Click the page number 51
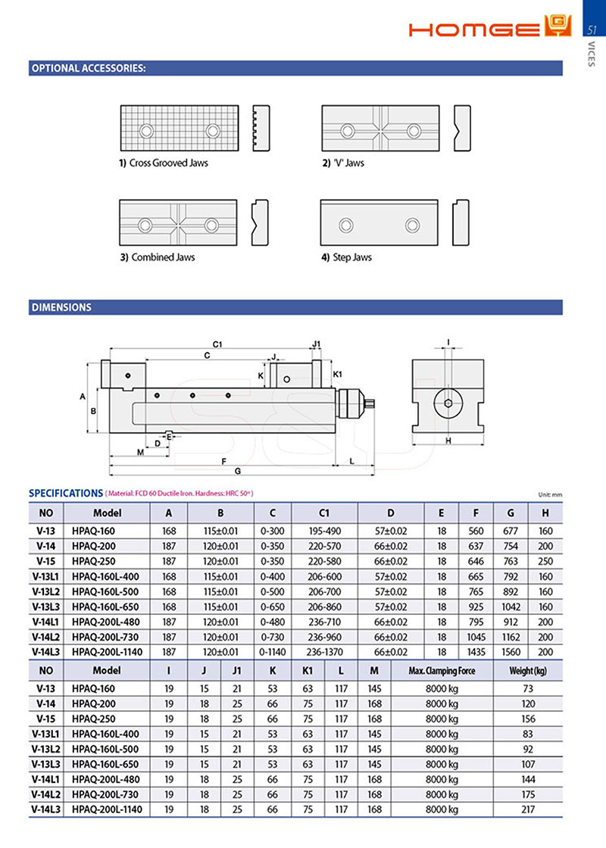pyautogui.click(x=593, y=30)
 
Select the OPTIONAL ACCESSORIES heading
pyautogui.click(x=88, y=68)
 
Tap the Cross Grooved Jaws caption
pyautogui.click(x=164, y=163)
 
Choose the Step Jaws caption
pyautogui.click(x=346, y=257)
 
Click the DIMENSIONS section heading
pyautogui.click(x=61, y=307)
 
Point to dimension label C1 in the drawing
pyautogui.click(x=217, y=344)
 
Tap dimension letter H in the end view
pyautogui.click(x=448, y=441)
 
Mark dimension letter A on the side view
pyautogui.click(x=82, y=395)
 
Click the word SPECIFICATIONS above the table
pyautogui.click(x=65, y=493)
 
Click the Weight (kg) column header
pyautogui.click(x=528, y=670)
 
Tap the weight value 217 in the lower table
pyautogui.click(x=528, y=809)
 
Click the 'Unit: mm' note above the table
pyautogui.click(x=550, y=494)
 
